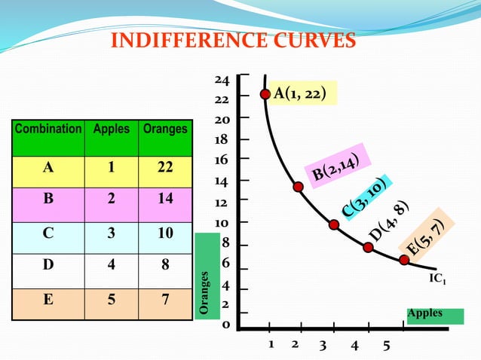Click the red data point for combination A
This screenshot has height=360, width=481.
pos(265,94)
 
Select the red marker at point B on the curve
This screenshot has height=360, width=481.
pos(299,186)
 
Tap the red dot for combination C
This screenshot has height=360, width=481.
pos(334,224)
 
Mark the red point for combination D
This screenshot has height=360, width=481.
pos(368,247)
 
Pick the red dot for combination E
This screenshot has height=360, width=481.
pos(404,260)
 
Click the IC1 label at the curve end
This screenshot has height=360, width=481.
pos(437,279)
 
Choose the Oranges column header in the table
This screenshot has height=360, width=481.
pos(165,129)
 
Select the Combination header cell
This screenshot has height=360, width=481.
pos(48,129)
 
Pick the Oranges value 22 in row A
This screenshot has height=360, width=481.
pos(165,167)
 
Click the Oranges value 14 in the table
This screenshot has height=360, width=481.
pos(165,200)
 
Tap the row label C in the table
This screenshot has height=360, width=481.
pos(48,233)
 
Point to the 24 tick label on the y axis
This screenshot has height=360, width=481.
pos(222,80)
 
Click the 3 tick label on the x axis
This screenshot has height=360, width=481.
pos(323,346)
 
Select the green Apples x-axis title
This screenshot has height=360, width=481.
pos(426,313)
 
